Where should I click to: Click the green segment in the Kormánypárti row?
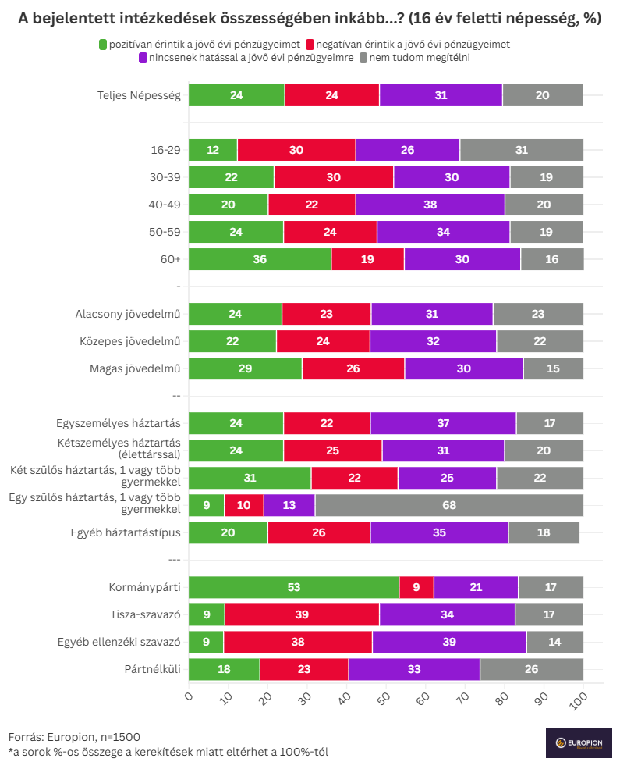tap(293, 587)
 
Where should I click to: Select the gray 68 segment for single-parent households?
tap(449, 505)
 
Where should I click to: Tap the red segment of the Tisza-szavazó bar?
tap(302, 614)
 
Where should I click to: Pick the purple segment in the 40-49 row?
tap(430, 205)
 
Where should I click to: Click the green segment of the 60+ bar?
tap(260, 259)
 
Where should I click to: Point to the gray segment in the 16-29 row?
tap(521, 150)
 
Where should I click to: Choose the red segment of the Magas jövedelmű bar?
tap(353, 368)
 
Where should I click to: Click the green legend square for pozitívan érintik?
tap(104, 45)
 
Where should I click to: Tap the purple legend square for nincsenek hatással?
tap(143, 58)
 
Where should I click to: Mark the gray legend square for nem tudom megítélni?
tap(364, 58)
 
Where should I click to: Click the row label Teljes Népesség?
tap(139, 95)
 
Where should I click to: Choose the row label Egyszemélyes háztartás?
tap(119, 423)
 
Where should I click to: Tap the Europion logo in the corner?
tap(579, 742)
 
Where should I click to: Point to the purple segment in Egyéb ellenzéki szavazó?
tap(449, 642)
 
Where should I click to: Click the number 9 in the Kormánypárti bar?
tap(416, 587)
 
